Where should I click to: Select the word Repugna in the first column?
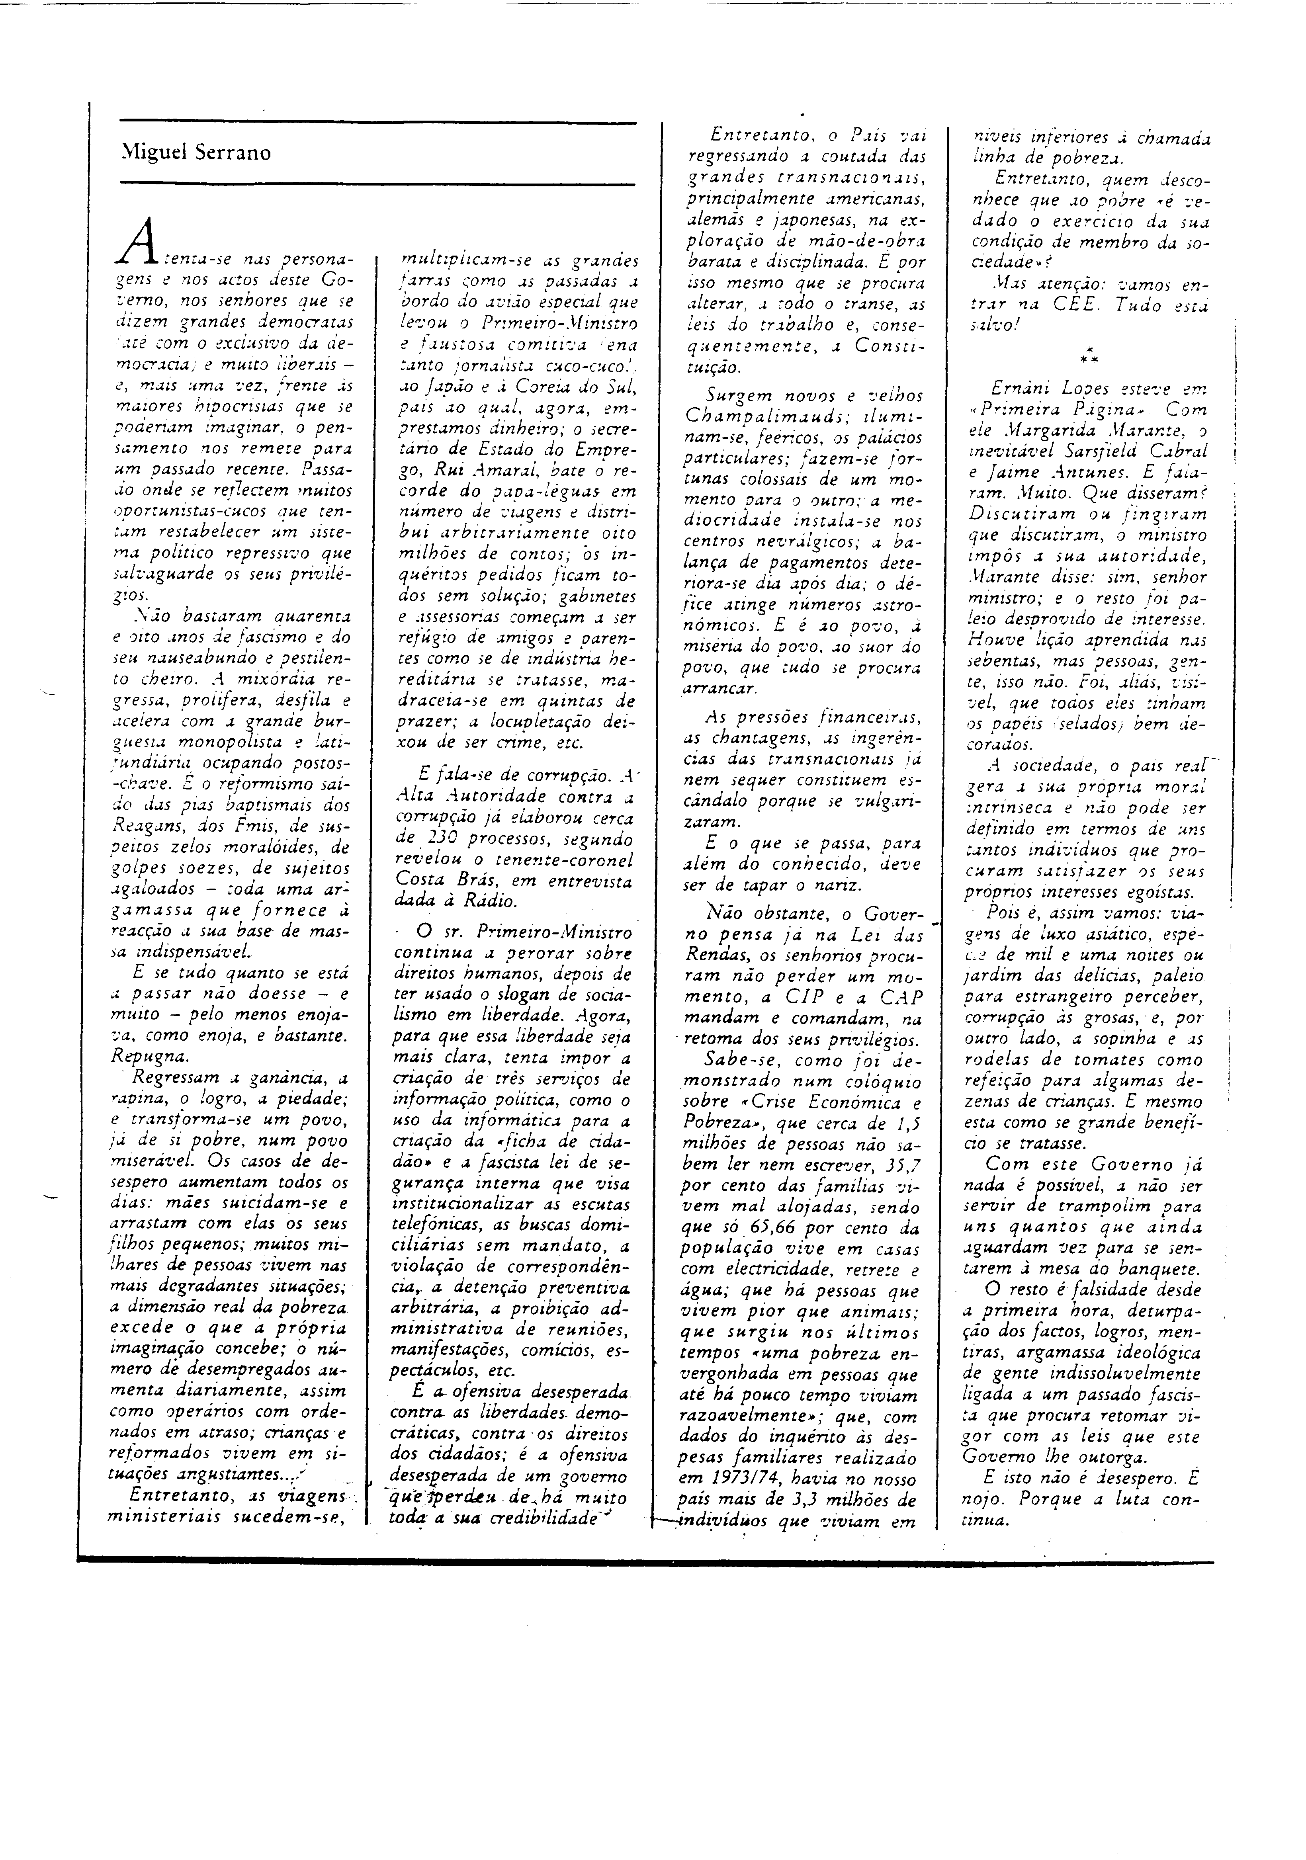138,1057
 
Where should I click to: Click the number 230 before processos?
438,840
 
